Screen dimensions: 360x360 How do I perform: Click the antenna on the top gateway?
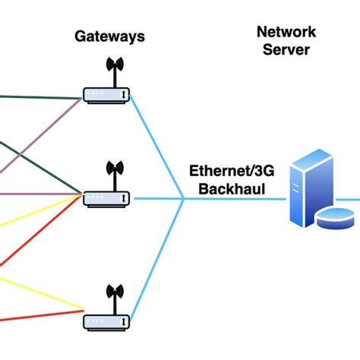click(x=114, y=72)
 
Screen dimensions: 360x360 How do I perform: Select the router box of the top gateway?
click(x=106, y=96)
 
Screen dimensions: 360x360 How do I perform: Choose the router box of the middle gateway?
click(x=106, y=198)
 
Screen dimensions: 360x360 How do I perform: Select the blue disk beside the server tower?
click(x=334, y=218)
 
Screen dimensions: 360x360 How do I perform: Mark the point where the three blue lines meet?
click(x=184, y=199)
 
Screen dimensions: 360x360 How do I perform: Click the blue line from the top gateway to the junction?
click(x=157, y=148)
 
